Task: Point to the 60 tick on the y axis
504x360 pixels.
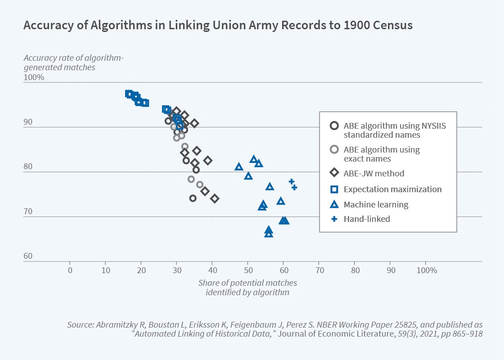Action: [x=28, y=256]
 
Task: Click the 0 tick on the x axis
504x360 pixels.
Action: [x=70, y=270]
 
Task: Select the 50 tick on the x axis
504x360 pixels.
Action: [x=248, y=270]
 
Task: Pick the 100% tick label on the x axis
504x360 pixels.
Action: [x=427, y=270]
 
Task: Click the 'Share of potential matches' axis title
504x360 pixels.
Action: [x=247, y=283]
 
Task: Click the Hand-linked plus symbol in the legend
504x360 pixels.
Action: [x=334, y=219]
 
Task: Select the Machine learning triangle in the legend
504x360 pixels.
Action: [x=334, y=204]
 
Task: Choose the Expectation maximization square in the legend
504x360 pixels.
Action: [x=334, y=189]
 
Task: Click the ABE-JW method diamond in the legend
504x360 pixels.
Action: [x=334, y=173]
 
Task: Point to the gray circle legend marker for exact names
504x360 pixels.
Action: [x=334, y=149]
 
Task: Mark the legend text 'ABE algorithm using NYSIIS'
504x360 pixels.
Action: [x=395, y=126]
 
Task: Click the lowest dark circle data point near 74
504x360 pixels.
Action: [x=193, y=198]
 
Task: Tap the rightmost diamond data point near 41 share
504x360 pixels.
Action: [x=215, y=198]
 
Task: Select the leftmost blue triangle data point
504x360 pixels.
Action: [x=239, y=167]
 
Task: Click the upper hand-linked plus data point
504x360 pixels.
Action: [x=292, y=182]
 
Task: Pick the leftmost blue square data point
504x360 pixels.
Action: [x=129, y=94]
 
